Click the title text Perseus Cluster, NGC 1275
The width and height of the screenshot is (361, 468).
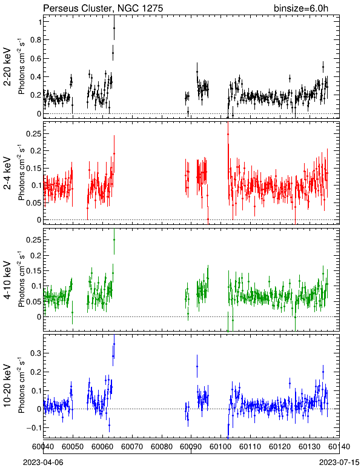tap(103, 8)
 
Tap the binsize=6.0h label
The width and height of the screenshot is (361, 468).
tap(301, 8)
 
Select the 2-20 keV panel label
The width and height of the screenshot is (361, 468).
tap(7, 67)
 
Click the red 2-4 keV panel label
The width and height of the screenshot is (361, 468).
tap(7, 173)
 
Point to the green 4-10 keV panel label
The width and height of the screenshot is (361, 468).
tap(7, 280)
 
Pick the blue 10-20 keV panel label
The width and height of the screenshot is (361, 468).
tap(7, 386)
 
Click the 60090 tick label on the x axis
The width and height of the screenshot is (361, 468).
tap(191, 447)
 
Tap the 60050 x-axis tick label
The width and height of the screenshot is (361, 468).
tap(73, 447)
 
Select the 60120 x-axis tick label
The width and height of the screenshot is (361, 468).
tap(280, 447)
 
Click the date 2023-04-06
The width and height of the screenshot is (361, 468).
tap(43, 463)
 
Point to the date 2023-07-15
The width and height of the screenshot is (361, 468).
tap(339, 463)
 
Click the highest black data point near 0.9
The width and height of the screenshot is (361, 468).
tap(114, 28)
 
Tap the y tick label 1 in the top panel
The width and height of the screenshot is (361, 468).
tap(39, 22)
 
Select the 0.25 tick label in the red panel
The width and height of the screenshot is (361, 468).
tap(33, 134)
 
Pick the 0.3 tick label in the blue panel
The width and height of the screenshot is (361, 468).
tap(36, 353)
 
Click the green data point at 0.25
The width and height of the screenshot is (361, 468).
tap(114, 239)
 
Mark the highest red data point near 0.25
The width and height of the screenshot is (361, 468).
tap(228, 135)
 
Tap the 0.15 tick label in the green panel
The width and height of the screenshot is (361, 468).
tap(33, 271)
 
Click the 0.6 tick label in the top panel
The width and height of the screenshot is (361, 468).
tap(36, 58)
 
